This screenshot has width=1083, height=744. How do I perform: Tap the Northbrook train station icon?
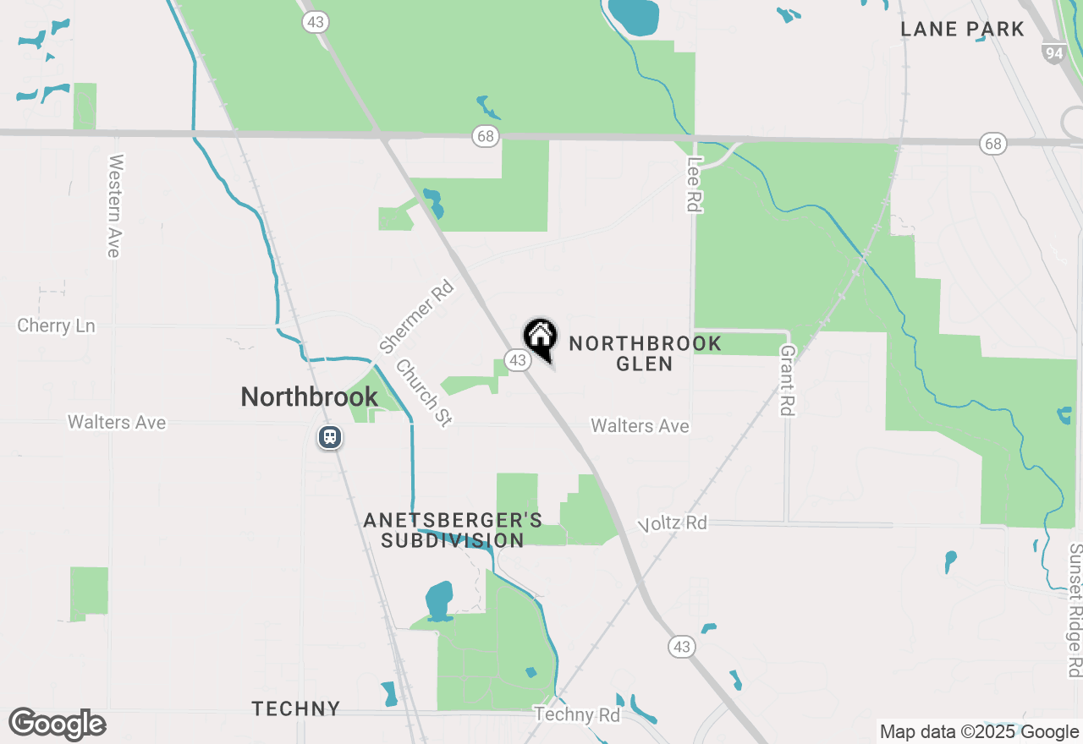(330, 437)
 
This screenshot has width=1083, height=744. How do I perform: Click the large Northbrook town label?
(309, 397)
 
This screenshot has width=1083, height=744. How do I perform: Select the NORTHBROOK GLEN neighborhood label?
(645, 353)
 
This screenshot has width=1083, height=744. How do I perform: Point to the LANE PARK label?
(962, 29)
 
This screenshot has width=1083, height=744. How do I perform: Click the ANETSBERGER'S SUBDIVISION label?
(453, 529)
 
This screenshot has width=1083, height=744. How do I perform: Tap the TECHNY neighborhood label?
(296, 708)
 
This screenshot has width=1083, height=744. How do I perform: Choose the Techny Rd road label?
(577, 715)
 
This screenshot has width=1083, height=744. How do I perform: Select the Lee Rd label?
(695, 184)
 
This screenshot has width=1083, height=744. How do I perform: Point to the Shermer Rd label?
(416, 316)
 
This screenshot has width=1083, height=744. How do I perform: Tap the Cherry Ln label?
(57, 325)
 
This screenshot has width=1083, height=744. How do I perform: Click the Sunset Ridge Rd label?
(1075, 609)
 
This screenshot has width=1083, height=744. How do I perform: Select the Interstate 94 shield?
(1053, 53)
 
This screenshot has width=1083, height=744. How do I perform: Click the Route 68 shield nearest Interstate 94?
(992, 144)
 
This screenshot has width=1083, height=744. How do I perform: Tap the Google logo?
(58, 725)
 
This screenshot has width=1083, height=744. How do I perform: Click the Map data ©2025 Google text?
(979, 732)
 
